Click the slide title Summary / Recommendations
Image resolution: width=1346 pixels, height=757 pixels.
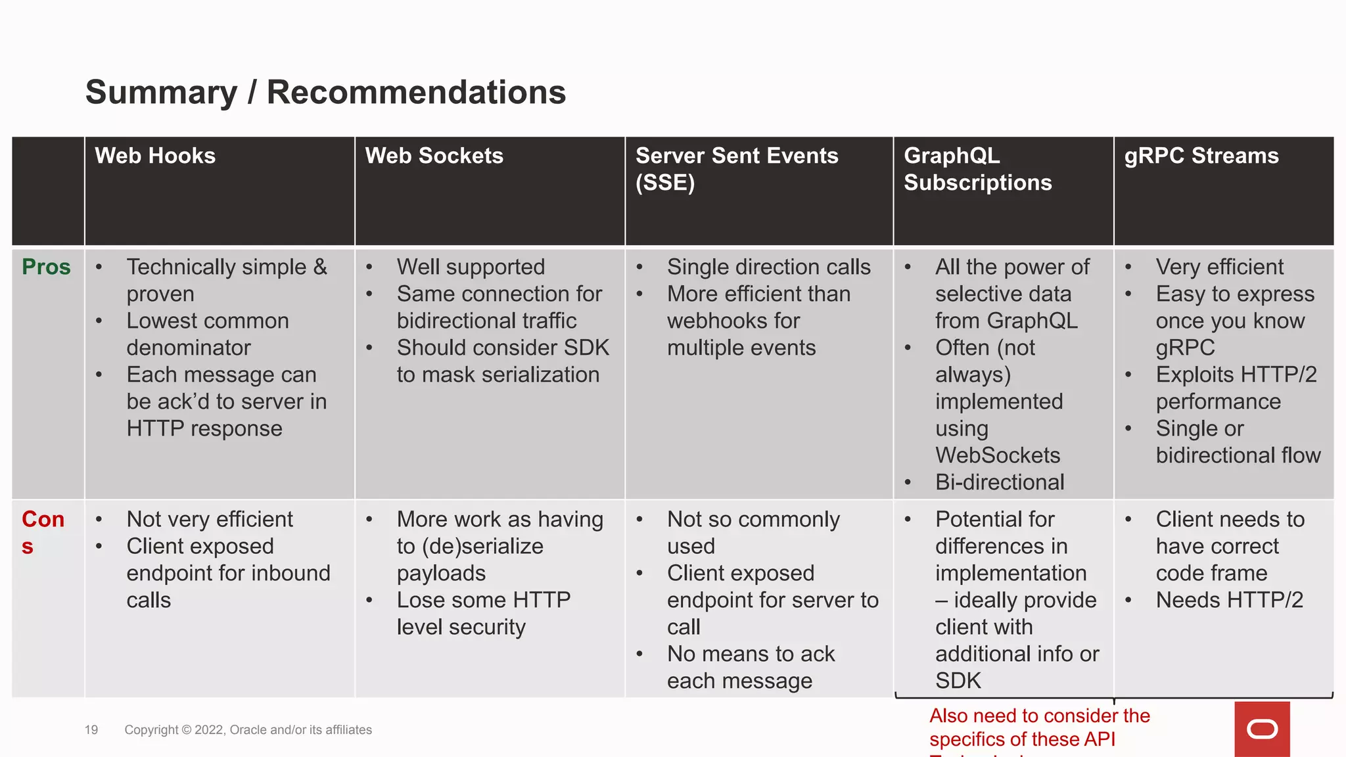coord(325,92)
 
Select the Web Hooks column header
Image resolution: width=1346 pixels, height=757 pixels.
coord(155,156)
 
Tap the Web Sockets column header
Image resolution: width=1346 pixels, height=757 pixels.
coord(434,156)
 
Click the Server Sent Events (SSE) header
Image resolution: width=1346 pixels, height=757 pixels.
coord(736,169)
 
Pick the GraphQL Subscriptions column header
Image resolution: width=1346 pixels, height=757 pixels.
coord(977,169)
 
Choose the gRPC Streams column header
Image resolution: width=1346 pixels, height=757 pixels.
coord(1201,156)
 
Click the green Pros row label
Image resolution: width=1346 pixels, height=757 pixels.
coord(46,267)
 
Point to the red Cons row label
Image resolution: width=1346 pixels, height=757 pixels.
coord(43,532)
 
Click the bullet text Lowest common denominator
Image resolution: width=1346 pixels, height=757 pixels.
coord(207,334)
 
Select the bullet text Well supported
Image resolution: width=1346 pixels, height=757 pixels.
coord(471,267)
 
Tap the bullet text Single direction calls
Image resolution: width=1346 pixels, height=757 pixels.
coord(768,267)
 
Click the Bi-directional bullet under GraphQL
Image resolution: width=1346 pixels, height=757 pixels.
coord(999,482)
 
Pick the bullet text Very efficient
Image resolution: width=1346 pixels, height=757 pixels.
coord(1219,267)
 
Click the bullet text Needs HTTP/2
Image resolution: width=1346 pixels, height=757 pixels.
coord(1229,600)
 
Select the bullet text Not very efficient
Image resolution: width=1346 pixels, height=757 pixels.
coord(210,519)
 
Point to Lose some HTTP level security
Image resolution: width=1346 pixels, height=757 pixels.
coord(483,613)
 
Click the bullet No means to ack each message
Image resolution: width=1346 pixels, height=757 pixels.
coord(751,667)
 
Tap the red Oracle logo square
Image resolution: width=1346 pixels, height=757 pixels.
coord(1262,729)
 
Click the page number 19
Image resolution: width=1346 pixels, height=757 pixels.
coord(91,730)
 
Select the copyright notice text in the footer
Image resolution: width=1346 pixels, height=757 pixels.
coord(248,730)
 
